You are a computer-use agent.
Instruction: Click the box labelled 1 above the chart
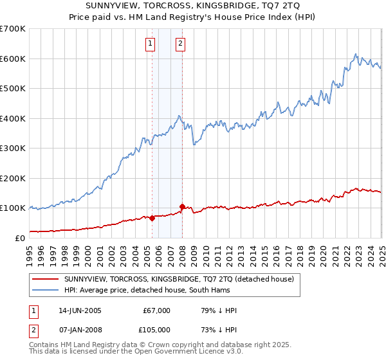(150, 44)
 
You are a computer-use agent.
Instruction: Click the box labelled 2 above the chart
(179, 44)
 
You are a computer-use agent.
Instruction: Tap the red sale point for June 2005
(152, 218)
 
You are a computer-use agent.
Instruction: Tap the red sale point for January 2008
(182, 206)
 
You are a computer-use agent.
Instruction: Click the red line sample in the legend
(44, 279)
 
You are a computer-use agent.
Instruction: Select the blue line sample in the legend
(44, 290)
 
